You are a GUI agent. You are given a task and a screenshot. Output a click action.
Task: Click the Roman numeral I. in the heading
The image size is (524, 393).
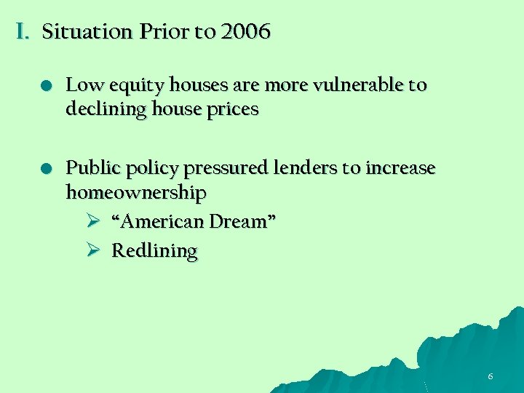[x=22, y=32]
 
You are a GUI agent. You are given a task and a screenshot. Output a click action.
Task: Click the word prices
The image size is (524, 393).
[x=234, y=110]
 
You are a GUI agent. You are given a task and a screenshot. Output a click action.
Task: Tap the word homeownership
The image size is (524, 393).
[x=136, y=193]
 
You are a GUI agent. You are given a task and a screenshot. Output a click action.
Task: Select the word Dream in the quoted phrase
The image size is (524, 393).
[x=242, y=221]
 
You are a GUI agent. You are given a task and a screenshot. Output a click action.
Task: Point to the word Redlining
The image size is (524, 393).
[x=154, y=251]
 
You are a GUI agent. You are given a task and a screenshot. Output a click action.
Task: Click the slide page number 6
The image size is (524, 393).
[x=491, y=376]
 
